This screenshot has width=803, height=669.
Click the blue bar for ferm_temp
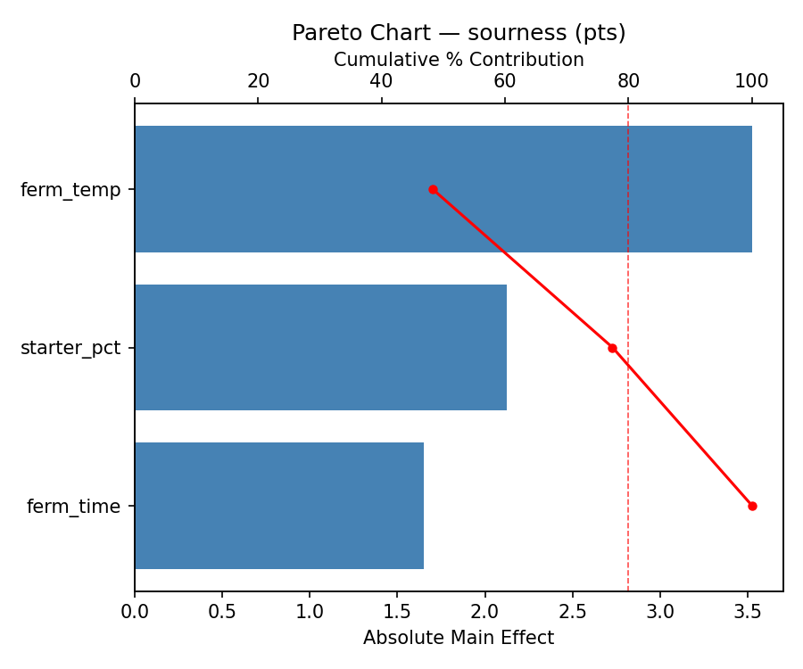click(x=443, y=189)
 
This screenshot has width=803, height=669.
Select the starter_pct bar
click(x=320, y=348)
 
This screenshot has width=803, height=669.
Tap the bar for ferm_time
click(x=279, y=506)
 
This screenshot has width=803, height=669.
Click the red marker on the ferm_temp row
click(x=433, y=189)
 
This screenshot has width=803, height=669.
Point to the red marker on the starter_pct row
click(x=612, y=348)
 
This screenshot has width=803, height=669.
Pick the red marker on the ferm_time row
click(x=752, y=506)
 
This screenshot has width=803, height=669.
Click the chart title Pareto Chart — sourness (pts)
click(x=459, y=33)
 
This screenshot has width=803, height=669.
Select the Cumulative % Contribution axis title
click(x=459, y=60)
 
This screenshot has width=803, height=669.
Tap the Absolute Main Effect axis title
click(x=459, y=638)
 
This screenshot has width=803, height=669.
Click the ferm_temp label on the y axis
click(x=70, y=190)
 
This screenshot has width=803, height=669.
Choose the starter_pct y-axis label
click(x=70, y=348)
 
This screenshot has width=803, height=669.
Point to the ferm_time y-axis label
click(x=73, y=507)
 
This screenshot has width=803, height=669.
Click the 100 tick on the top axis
click(x=752, y=81)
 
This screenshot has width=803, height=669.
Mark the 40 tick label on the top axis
click(x=382, y=81)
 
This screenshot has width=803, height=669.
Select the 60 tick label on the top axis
click(x=505, y=81)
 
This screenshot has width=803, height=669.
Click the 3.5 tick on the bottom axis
click(x=748, y=613)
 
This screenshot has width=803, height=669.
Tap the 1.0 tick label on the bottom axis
click(x=310, y=613)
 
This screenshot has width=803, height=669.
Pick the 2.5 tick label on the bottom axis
click(x=573, y=613)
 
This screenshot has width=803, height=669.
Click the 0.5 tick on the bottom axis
click(x=222, y=613)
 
